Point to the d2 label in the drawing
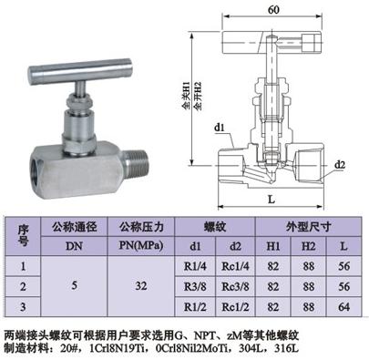tap(340, 164)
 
